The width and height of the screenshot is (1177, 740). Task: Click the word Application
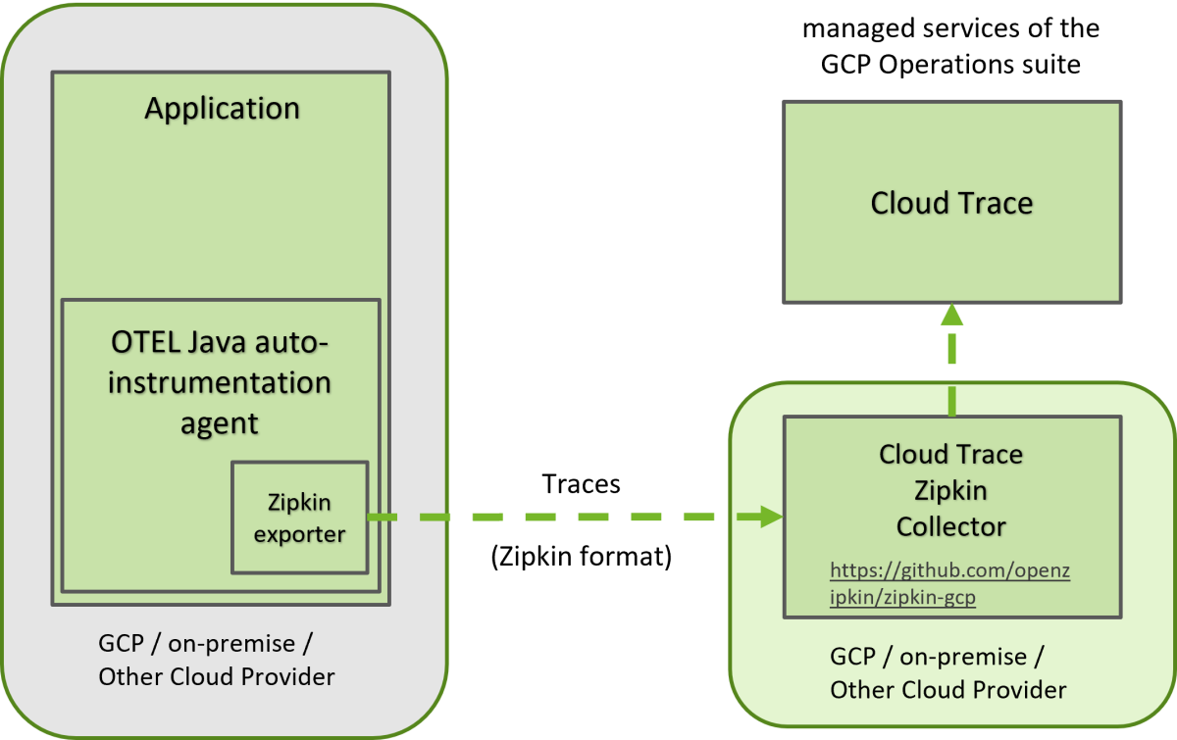(x=222, y=108)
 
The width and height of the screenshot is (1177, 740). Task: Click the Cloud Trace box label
(x=951, y=203)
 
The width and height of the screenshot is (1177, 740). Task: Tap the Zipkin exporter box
(x=299, y=518)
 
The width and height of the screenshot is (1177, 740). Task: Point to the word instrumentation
(x=220, y=382)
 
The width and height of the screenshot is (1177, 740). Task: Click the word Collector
(x=951, y=526)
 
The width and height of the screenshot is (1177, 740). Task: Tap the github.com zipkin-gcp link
(x=949, y=583)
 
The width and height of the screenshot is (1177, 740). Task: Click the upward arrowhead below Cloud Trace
(x=951, y=315)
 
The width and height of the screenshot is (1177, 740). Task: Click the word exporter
(x=299, y=535)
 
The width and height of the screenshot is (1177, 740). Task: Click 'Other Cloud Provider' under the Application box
(x=216, y=676)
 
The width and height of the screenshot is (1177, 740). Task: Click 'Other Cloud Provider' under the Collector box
(x=947, y=689)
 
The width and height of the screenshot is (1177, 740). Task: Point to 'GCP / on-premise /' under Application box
(x=206, y=644)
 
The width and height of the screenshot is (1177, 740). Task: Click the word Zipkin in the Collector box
(x=950, y=490)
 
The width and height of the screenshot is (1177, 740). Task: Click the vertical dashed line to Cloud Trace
(x=951, y=363)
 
